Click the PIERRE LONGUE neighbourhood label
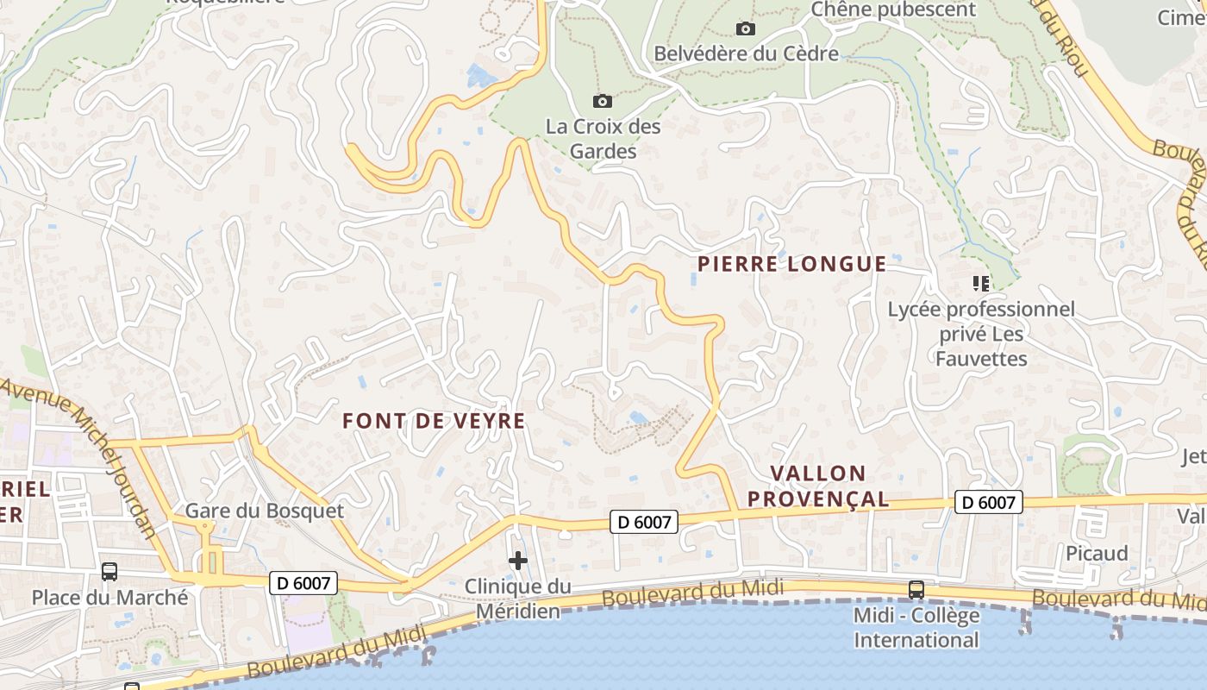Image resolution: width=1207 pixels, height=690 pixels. tap(791, 264)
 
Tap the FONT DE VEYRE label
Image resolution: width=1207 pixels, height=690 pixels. tap(434, 421)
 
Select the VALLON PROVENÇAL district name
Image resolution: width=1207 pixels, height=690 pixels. tap(817, 486)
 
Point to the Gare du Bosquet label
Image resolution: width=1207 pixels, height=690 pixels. tap(265, 511)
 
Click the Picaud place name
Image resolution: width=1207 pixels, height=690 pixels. tap(1097, 553)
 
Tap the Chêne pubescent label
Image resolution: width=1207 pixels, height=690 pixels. tap(893, 10)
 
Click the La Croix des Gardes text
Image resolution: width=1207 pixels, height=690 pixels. tap(603, 139)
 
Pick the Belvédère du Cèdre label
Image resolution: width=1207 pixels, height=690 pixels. tap(746, 53)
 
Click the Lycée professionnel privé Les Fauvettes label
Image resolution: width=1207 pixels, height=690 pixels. tap(981, 334)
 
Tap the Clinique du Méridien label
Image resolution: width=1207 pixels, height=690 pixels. tap(517, 599)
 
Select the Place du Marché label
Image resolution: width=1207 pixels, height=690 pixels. tap(109, 597)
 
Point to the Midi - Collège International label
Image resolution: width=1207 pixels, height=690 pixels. tap(916, 628)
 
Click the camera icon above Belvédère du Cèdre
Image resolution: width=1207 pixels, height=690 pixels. tap(746, 28)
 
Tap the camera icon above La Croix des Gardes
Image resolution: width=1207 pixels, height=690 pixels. tap(603, 102)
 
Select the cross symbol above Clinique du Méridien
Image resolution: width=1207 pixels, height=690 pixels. tap(517, 561)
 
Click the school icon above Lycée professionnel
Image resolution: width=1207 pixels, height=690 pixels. tap(980, 283)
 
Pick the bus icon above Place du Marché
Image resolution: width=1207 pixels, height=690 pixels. tap(109, 571)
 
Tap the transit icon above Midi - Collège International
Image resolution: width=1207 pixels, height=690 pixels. tap(916, 590)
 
